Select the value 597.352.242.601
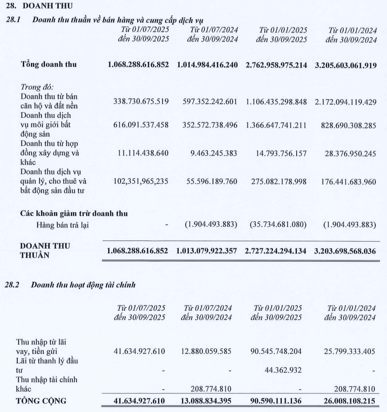(x=208, y=102)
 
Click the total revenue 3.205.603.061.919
(x=345, y=65)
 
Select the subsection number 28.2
(x=11, y=285)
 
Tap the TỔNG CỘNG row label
(x=41, y=400)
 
